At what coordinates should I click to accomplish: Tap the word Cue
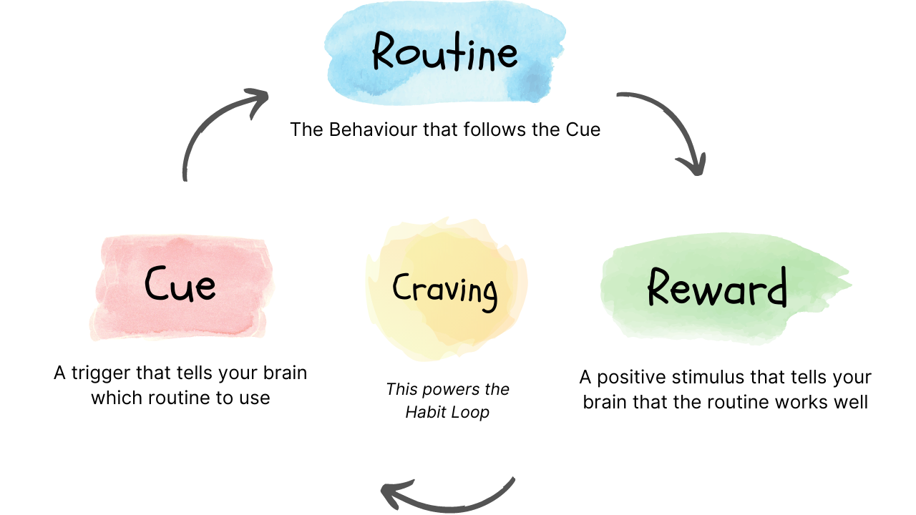click(180, 284)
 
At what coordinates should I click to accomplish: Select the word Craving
click(444, 289)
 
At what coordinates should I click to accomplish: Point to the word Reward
click(716, 288)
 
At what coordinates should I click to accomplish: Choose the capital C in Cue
click(157, 283)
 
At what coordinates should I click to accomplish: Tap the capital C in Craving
click(402, 288)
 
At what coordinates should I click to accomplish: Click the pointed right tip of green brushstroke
click(850, 285)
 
